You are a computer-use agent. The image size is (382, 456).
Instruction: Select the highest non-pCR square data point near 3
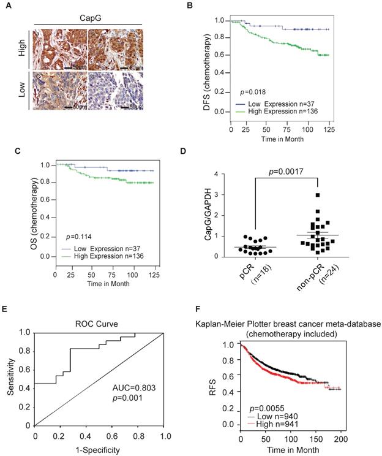(318, 196)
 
